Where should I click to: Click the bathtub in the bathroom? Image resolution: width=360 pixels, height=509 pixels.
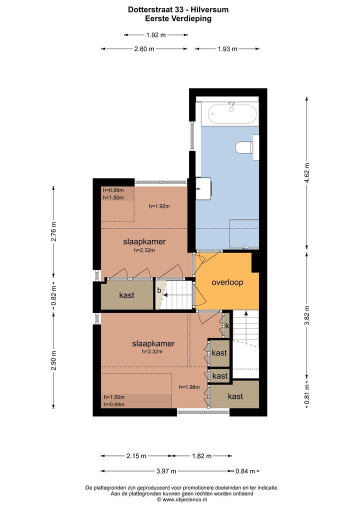[232, 114]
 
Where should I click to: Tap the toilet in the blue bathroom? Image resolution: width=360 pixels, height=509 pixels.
[244, 147]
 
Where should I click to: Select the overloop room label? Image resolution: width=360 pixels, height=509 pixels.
[227, 282]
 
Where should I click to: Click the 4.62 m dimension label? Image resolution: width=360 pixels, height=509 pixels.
[307, 173]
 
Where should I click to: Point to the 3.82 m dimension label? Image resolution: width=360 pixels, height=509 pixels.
[307, 315]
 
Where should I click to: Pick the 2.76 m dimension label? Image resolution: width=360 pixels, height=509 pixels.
[54, 232]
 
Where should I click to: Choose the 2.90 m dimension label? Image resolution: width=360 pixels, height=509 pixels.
[54, 360]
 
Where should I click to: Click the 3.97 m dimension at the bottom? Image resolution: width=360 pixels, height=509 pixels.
[166, 471]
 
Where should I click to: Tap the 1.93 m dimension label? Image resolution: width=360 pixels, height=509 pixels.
[227, 49]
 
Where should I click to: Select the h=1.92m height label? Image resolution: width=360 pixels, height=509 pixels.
[159, 206]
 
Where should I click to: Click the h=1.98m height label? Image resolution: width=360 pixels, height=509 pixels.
[189, 387]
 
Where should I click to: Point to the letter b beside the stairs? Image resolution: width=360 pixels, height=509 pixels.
[159, 290]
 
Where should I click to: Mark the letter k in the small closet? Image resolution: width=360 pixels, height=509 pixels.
[227, 325]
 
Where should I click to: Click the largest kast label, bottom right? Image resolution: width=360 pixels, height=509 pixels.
[235, 396]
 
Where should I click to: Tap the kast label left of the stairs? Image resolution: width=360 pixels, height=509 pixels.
[126, 295]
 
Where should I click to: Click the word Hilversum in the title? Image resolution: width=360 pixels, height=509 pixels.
[211, 9]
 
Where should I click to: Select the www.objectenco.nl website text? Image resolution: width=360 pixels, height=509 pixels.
[184, 500]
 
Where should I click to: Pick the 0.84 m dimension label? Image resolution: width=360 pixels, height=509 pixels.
[245, 471]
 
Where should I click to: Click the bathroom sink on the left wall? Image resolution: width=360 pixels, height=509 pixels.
[203, 188]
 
